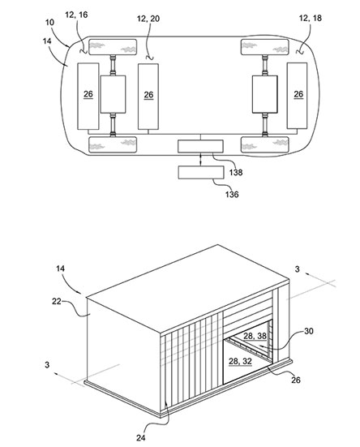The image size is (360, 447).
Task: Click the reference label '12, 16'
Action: click(x=76, y=15)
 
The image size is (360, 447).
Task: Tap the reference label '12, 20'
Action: click(x=148, y=19)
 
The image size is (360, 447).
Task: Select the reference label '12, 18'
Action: click(x=311, y=18)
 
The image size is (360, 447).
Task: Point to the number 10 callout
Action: click(x=49, y=22)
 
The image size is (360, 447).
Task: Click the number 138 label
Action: click(x=236, y=172)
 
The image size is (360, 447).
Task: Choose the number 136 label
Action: click(x=232, y=195)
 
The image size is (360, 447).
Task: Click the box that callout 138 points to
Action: click(x=200, y=146)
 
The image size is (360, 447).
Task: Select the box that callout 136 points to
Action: click(x=201, y=173)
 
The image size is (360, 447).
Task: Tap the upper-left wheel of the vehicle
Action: click(x=113, y=47)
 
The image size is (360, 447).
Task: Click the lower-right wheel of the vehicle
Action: click(x=265, y=144)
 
